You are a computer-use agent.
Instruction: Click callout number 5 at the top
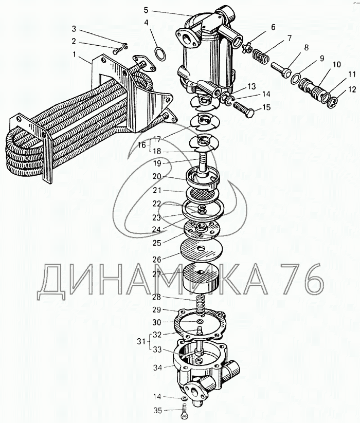[146, 10]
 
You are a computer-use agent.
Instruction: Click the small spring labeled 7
[261, 56]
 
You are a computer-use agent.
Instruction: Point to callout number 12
[352, 89]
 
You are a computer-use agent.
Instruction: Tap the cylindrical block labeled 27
[200, 279]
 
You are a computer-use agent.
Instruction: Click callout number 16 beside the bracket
[141, 145]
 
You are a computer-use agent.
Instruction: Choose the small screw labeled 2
[117, 51]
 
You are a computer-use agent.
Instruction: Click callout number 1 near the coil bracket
[74, 54]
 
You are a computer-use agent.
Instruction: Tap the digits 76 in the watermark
[301, 279]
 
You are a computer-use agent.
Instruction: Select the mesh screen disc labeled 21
[202, 194]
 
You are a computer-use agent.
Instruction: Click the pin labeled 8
[281, 69]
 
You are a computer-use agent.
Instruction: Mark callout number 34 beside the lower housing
[157, 367]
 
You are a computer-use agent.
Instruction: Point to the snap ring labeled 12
[332, 102]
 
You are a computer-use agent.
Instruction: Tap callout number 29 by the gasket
[157, 309]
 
